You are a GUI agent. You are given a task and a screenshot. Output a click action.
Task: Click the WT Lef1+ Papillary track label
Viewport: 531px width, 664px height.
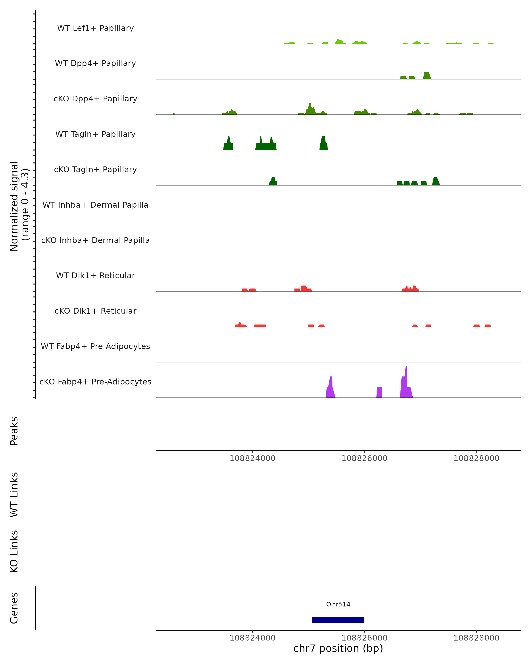(x=95, y=28)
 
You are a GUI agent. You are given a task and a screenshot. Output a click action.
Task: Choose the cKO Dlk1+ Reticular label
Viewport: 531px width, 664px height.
(x=95, y=311)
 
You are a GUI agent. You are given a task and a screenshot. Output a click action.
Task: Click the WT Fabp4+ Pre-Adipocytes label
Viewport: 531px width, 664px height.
(x=95, y=346)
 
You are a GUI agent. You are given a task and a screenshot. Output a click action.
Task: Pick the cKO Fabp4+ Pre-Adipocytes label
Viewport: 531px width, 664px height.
(x=95, y=382)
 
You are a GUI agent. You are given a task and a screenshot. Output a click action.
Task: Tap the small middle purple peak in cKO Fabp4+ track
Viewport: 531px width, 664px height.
(x=379, y=392)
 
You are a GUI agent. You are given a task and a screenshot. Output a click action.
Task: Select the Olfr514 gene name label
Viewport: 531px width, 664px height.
(x=338, y=604)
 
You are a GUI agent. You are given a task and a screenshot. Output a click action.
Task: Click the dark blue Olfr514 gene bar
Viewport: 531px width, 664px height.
(x=338, y=620)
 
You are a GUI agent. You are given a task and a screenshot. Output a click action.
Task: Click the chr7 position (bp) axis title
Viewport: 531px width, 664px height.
(x=338, y=648)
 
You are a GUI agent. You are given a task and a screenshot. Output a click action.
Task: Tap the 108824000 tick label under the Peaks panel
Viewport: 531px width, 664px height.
(x=252, y=458)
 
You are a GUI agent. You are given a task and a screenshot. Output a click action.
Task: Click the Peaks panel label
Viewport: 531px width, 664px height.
(x=14, y=431)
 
